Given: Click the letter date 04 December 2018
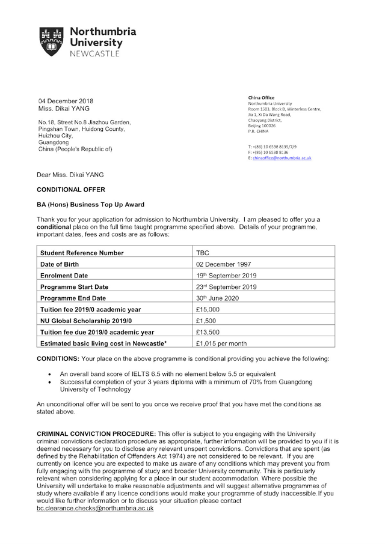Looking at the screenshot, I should [x=66, y=101].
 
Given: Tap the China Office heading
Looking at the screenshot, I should [x=261, y=97].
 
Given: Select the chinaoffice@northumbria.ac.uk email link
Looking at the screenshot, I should [x=282, y=158].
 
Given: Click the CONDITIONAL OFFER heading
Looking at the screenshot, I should [x=71, y=190].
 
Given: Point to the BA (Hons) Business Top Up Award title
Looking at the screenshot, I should [x=91, y=205].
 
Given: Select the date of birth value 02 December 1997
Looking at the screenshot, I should [x=224, y=264].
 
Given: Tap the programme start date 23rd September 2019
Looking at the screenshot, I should [x=226, y=287].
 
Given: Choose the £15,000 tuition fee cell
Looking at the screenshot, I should [x=208, y=309].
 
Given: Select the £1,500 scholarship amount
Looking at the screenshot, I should [x=206, y=321].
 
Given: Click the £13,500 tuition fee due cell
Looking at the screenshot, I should [x=208, y=332].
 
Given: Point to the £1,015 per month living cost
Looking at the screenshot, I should [x=221, y=343].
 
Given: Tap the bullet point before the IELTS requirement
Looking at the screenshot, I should [x=49, y=374].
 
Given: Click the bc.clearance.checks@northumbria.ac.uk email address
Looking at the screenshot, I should [x=95, y=508].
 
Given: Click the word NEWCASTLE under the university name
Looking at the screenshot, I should [x=95, y=53].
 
